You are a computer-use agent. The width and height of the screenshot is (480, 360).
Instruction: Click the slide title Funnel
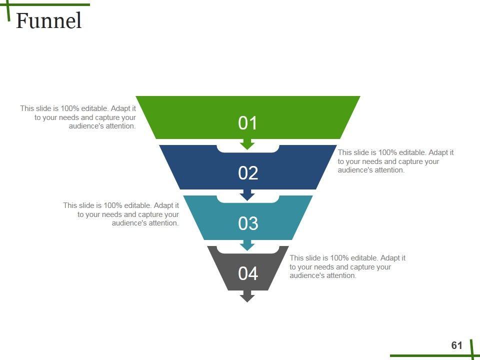(48, 21)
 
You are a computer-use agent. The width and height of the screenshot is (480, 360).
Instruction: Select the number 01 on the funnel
(248, 123)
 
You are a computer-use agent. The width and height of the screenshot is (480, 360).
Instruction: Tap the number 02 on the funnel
(248, 173)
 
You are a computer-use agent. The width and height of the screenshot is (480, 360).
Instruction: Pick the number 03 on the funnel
(248, 223)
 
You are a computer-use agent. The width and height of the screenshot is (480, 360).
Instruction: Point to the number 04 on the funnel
(248, 273)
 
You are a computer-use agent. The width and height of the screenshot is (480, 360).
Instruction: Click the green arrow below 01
(247, 144)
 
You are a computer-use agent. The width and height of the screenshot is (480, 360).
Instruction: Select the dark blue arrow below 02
(247, 194)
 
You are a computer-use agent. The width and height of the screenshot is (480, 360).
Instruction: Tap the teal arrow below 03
(247, 245)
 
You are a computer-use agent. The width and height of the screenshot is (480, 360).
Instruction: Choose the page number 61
(456, 345)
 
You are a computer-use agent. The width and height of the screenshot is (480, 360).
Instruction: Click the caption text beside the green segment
(78, 117)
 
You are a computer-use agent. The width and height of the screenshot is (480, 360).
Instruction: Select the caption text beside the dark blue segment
(395, 161)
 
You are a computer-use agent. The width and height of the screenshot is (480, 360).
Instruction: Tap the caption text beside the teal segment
(121, 214)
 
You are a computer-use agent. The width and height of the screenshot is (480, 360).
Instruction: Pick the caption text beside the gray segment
(347, 266)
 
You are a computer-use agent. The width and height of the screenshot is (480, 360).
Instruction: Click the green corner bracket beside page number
(470, 353)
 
